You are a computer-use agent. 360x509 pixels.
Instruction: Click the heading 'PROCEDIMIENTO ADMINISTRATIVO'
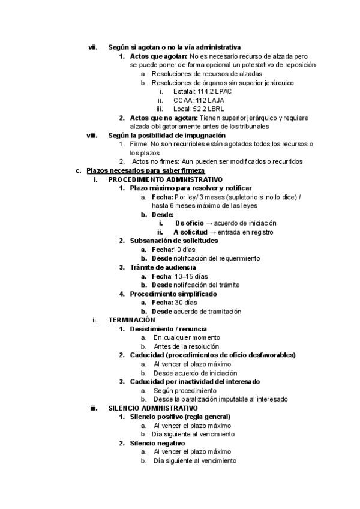(x=165, y=179)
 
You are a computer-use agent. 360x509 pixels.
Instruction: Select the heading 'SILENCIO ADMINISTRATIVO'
(x=153, y=408)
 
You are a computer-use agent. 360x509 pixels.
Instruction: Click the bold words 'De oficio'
(x=190, y=223)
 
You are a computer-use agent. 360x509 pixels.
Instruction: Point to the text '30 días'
(x=186, y=303)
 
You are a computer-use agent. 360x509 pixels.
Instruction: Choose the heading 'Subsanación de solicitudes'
(x=174, y=241)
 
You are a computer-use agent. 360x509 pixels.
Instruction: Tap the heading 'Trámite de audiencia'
(x=163, y=267)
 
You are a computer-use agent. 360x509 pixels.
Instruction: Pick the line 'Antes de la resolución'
(x=186, y=346)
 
